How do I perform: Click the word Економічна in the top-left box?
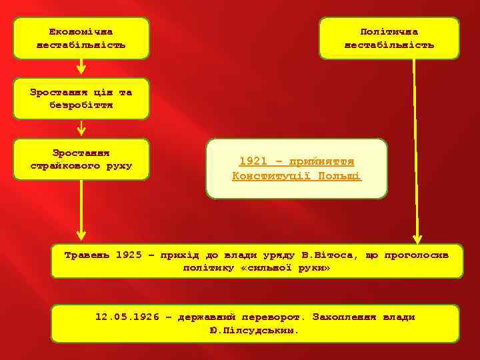[81, 32]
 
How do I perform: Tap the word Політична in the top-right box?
[389, 32]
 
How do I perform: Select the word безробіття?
[81, 105]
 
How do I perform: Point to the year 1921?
[252, 162]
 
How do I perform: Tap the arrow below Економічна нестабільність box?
[81, 67]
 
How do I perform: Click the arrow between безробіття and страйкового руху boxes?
[81, 127]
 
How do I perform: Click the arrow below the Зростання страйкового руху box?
[81, 210]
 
